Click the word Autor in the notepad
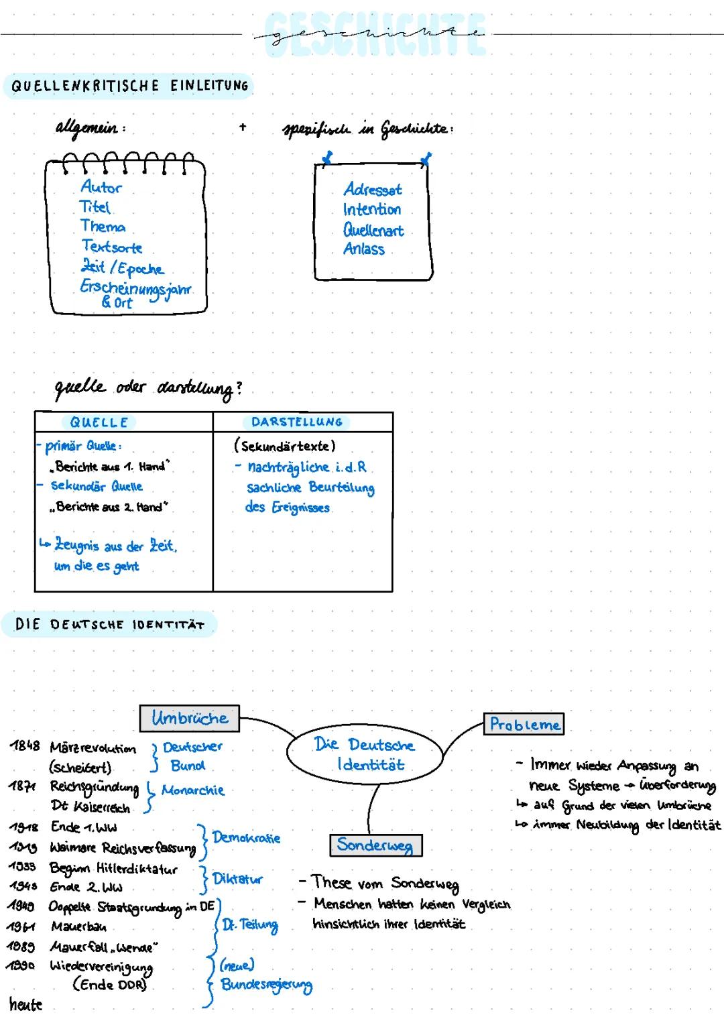point(101,187)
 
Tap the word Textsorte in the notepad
point(112,247)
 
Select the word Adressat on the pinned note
point(373,190)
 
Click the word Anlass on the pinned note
point(364,249)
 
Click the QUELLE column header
point(99,422)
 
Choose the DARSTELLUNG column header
point(297,422)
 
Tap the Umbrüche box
point(189,718)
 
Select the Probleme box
point(524,724)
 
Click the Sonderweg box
point(375,845)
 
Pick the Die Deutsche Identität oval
point(365,754)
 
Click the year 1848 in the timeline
point(25,746)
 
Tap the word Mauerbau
point(78,927)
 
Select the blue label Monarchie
point(193,790)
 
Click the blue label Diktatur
point(237,879)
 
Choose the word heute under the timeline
point(25,1004)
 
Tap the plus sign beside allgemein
point(243,126)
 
